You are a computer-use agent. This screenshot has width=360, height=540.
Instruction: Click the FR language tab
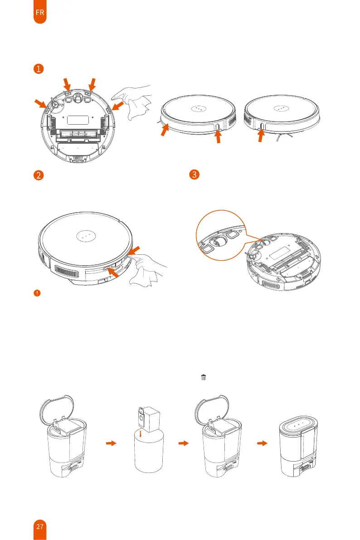[40, 12]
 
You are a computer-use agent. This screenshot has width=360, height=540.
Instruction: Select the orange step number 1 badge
[39, 68]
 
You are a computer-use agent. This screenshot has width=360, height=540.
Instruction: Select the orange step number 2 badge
[39, 175]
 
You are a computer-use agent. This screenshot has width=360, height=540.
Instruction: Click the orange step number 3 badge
[195, 174]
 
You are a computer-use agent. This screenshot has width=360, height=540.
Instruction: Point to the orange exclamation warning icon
[37, 293]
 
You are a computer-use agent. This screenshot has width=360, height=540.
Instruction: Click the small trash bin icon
[203, 377]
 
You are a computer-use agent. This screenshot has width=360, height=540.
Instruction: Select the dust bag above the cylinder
[149, 419]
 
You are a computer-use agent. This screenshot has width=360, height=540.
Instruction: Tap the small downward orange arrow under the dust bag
[140, 433]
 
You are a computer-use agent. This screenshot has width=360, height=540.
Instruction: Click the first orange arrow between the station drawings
[111, 443]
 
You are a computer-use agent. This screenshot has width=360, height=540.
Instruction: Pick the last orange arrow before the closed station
[263, 443]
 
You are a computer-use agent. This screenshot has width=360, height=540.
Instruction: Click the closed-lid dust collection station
[298, 447]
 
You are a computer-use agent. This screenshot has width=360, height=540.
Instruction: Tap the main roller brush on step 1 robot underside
[78, 132]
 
